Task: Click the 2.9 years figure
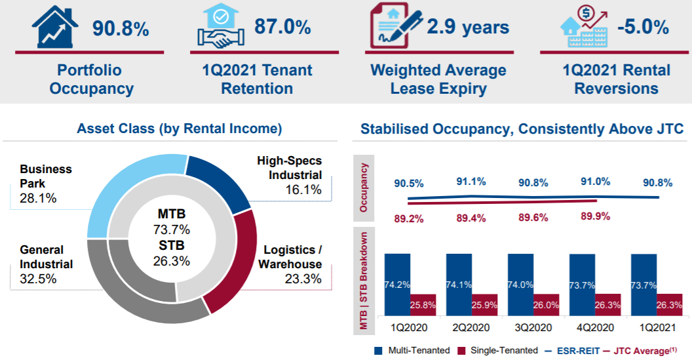468,27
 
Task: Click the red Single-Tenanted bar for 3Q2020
546,305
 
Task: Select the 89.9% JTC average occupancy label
595,216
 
